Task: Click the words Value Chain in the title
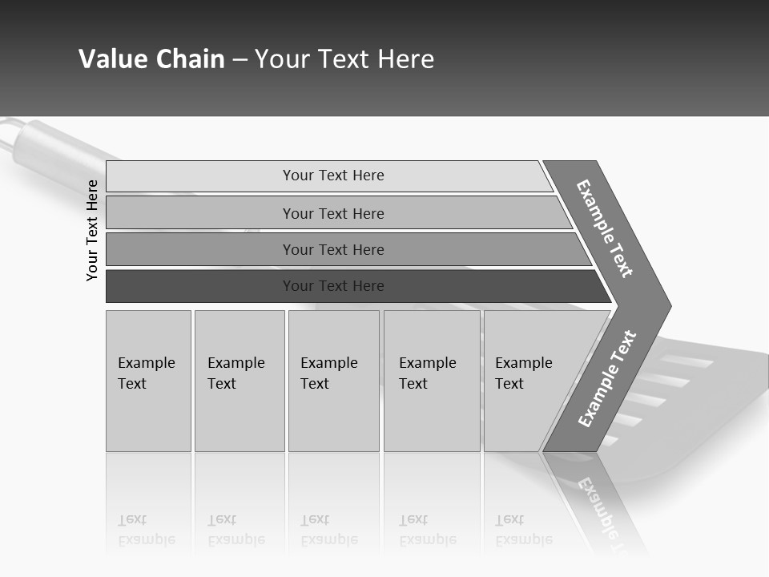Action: click(151, 59)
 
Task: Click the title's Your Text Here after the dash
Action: click(344, 59)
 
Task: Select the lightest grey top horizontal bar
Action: click(328, 176)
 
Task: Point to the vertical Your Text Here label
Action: click(92, 230)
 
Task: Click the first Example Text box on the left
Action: click(148, 381)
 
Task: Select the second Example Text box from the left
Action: click(239, 381)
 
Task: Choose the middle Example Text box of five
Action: click(333, 381)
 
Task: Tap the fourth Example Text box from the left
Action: click(432, 381)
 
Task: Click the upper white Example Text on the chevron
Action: click(605, 228)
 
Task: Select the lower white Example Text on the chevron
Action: click(606, 378)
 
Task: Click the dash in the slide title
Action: click(240, 60)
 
